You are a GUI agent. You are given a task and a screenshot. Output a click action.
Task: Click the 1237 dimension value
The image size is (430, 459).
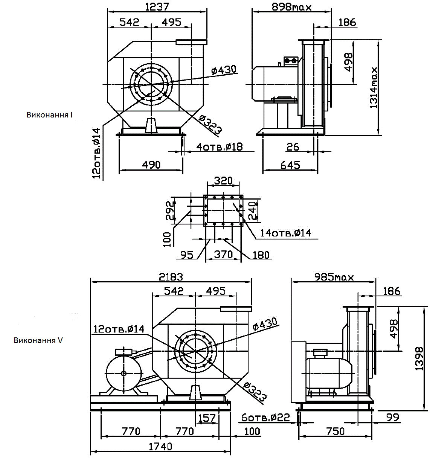click(x=157, y=6)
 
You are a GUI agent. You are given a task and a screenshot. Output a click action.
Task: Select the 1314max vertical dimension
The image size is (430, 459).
click(x=374, y=88)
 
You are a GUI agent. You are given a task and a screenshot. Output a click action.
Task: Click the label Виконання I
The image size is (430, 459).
click(x=49, y=115)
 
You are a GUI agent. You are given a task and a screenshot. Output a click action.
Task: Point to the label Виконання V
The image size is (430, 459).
click(x=38, y=340)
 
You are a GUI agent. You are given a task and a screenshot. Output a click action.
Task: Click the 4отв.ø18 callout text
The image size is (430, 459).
click(x=220, y=146)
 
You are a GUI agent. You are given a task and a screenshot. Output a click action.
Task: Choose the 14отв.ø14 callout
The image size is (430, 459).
click(x=286, y=233)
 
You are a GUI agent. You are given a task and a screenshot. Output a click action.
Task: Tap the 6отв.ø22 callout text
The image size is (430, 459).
click(x=265, y=417)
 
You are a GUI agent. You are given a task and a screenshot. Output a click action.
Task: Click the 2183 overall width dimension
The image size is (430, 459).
click(x=171, y=277)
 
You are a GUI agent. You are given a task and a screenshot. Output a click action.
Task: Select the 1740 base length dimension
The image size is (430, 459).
click(x=160, y=447)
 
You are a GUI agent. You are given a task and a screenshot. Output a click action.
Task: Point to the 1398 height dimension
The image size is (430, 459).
click(x=419, y=359)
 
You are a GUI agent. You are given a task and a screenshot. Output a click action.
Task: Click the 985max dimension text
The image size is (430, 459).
click(x=334, y=277)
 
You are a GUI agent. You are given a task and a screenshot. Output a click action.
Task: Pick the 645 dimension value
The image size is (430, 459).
click(x=290, y=165)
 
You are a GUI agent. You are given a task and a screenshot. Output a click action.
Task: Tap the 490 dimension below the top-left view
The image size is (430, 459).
click(x=151, y=165)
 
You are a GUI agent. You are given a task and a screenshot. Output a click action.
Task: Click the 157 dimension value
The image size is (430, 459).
click(x=207, y=418)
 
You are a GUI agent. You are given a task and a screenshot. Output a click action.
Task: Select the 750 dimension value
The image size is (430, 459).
click(x=335, y=431)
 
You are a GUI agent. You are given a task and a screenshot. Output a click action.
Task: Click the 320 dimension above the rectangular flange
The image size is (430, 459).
click(x=223, y=181)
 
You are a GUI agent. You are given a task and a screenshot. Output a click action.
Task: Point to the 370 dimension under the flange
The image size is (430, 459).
click(x=223, y=255)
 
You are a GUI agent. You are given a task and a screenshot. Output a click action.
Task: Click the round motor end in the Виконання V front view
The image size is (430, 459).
click(x=124, y=373)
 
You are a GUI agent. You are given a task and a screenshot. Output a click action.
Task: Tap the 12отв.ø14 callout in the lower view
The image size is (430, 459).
click(x=119, y=329)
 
